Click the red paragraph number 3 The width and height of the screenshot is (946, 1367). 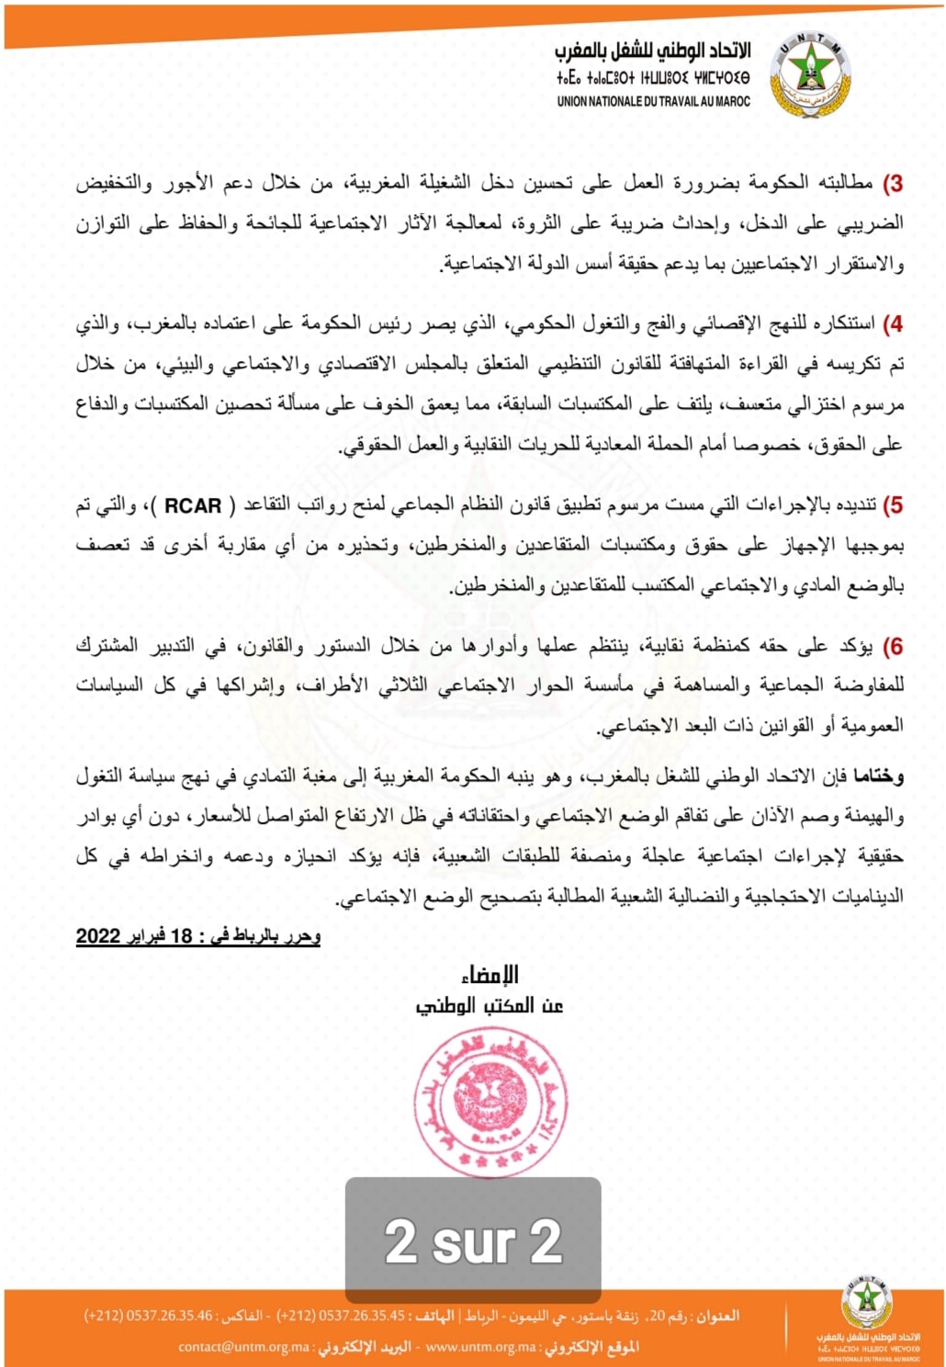point(893,184)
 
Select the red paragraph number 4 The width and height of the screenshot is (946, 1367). point(893,324)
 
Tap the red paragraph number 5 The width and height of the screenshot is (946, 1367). point(893,505)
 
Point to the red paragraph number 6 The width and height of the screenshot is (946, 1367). point(893,647)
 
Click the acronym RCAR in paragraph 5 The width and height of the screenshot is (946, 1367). point(193,505)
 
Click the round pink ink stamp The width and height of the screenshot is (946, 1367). point(490,1102)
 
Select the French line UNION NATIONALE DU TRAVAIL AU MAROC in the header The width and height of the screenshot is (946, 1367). point(653,102)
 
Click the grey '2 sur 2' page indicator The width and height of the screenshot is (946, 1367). point(473,1240)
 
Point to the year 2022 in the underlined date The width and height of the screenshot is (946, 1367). point(98,936)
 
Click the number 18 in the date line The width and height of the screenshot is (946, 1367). point(182,936)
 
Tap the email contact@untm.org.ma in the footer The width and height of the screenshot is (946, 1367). point(244,1347)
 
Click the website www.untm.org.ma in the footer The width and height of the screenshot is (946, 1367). point(481,1347)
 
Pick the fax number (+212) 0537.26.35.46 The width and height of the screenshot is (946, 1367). point(148,1316)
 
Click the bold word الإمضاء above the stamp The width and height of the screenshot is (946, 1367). point(490,974)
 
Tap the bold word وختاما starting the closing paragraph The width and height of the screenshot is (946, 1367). point(879,776)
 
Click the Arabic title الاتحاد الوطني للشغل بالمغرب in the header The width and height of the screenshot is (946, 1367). point(652,51)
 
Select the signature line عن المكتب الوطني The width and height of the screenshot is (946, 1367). point(490,1005)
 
